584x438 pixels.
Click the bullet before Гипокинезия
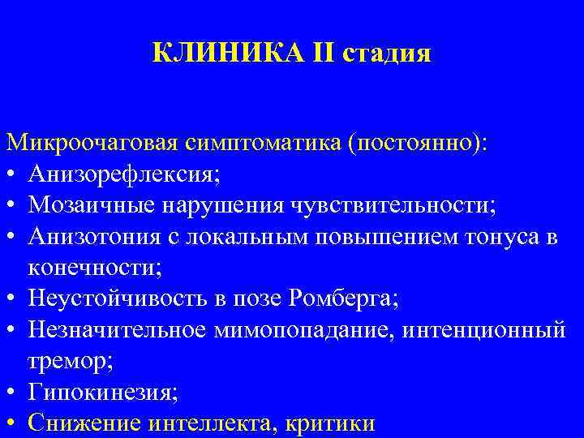click(12, 393)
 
